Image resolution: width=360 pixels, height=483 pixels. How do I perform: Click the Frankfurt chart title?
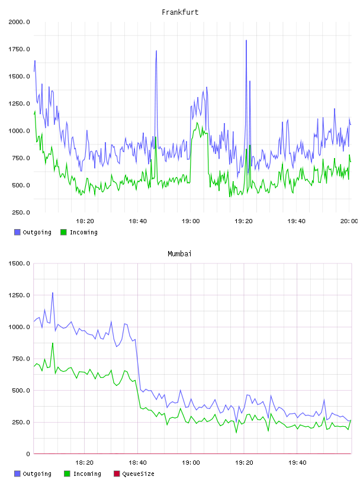coord(180,12)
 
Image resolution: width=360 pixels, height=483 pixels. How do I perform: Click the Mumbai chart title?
coord(179,254)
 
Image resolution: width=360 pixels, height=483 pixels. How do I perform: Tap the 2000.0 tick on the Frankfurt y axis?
coord(19,22)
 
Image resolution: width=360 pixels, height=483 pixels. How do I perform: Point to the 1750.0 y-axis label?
coord(19,49)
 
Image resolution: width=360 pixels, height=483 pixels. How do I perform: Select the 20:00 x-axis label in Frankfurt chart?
coord(349,221)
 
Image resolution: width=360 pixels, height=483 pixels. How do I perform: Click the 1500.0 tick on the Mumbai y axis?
coord(19,263)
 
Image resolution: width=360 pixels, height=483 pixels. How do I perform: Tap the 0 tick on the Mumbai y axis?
coord(28,454)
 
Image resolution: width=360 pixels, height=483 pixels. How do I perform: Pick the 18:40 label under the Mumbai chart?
coord(137,463)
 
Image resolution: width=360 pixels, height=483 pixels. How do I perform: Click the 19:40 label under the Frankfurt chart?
coord(297,221)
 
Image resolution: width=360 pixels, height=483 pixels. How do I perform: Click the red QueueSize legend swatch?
coord(117,474)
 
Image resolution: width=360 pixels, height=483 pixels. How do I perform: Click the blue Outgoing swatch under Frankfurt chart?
coord(17,232)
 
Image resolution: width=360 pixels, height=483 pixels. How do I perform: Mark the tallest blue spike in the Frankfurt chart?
coord(246,40)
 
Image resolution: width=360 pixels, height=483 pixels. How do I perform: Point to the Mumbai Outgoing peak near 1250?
coord(53,293)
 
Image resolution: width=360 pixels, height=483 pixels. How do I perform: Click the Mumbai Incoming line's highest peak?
coord(53,343)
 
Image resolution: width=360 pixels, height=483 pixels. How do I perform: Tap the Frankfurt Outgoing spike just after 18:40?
coord(156,51)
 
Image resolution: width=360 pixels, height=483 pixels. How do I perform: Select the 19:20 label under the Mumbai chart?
coord(244,463)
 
